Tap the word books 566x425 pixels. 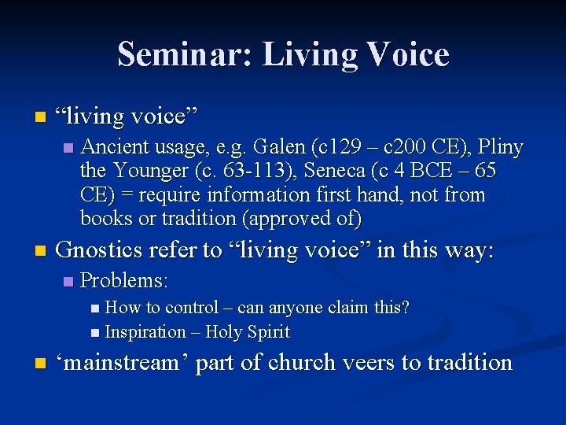coord(105,218)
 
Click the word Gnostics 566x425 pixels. coord(101,250)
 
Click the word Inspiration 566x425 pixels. coord(145,332)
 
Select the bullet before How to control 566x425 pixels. coord(95,308)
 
